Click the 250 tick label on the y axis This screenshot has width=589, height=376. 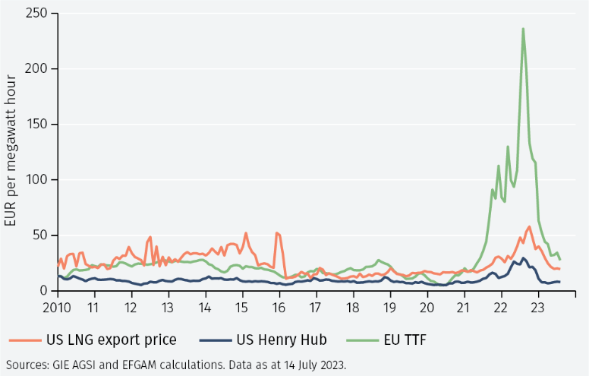(x=36, y=14)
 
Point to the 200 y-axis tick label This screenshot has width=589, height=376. (x=36, y=69)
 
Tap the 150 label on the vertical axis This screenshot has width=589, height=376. (x=36, y=125)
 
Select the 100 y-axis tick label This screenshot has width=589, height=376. (x=36, y=180)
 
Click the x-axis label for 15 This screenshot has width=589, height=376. (x=241, y=308)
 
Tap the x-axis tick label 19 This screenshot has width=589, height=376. (x=389, y=308)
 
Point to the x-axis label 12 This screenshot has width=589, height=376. (x=130, y=308)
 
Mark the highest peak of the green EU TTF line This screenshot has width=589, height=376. (x=523, y=29)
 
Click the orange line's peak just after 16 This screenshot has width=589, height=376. (x=277, y=232)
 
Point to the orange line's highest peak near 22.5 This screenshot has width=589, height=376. (x=529, y=226)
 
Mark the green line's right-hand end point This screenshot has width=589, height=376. (x=560, y=260)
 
